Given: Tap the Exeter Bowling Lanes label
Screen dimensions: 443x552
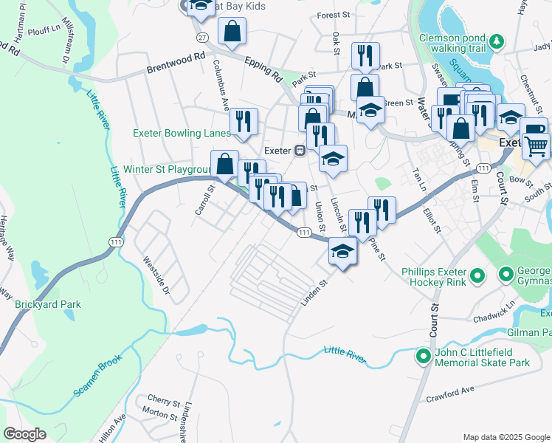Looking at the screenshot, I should [181, 134].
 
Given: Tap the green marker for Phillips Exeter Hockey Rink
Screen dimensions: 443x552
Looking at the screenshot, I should [477, 276].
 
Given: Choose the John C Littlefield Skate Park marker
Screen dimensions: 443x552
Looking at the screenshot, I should [423, 357].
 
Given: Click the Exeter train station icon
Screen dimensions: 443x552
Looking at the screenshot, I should [300, 150].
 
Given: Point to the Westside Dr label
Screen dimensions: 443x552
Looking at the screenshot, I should [156, 276].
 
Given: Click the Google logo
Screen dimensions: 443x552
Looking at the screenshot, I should [24, 433].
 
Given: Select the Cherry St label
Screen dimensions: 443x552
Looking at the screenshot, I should [163, 402].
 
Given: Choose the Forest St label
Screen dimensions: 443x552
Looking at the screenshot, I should [333, 15].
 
